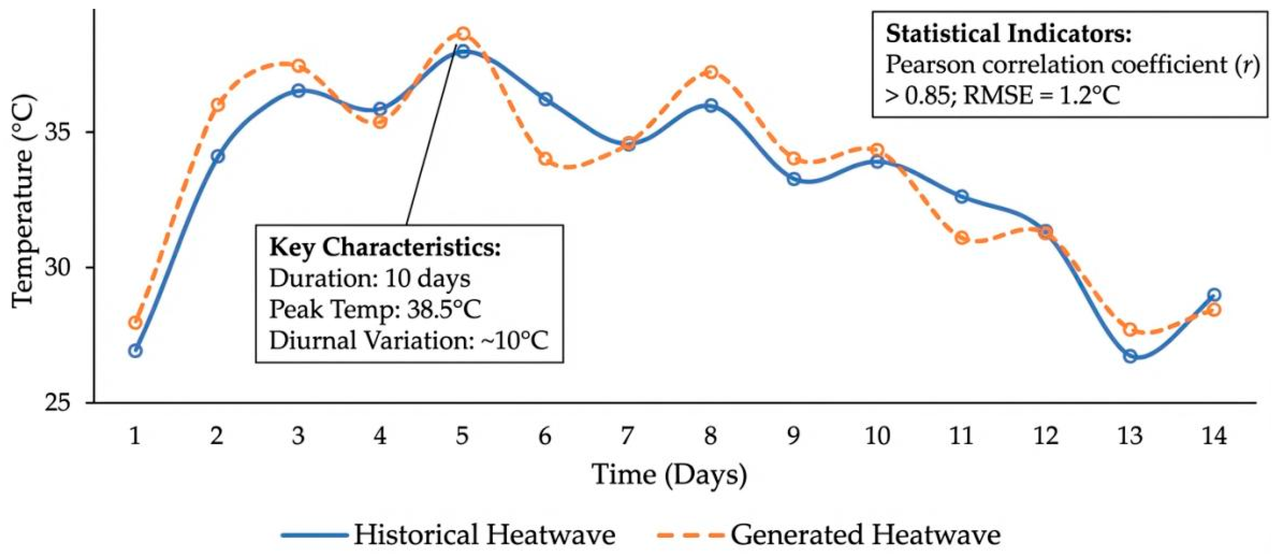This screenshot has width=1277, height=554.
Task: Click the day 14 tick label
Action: coord(1214,436)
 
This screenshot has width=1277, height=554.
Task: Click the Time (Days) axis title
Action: coord(670,475)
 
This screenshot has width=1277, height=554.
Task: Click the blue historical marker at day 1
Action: coord(135,351)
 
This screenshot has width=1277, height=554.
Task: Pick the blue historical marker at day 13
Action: coord(1130,356)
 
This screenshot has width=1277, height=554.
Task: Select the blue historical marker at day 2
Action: coord(218,156)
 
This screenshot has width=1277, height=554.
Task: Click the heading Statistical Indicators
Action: coord(1009,34)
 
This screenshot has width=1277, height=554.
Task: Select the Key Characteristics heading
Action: coord(385,247)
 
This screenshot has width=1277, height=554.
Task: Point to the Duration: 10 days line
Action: coord(370,278)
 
